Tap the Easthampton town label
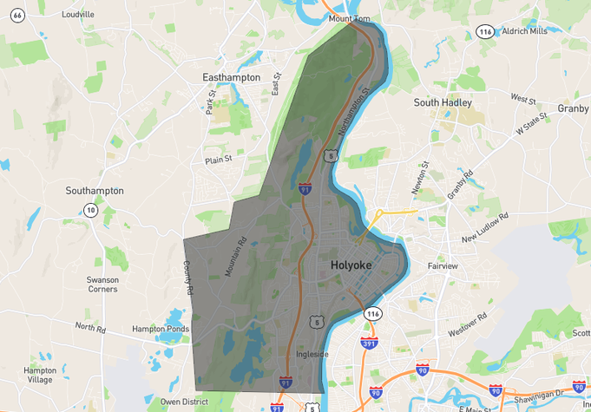point(231,77)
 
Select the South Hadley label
point(443,102)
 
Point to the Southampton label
point(95,191)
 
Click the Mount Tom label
point(351,18)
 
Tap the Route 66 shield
point(17,15)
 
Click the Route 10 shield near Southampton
point(90,210)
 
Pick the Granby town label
point(573,108)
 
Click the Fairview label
point(443,266)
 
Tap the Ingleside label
point(312,354)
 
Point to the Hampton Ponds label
point(160,329)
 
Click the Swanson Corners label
point(102,284)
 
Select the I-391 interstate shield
point(369,342)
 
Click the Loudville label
point(78,15)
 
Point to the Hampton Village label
point(40,375)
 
